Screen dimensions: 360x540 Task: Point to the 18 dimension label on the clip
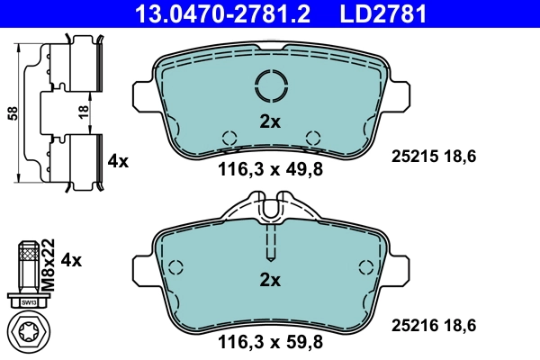84,113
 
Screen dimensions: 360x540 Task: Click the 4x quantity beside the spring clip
118,161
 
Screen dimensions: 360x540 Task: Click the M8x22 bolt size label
50,261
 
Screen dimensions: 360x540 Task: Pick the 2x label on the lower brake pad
271,280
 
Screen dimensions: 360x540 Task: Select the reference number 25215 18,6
434,157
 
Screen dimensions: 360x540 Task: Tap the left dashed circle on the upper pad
229,138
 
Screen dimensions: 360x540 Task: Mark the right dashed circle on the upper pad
313,138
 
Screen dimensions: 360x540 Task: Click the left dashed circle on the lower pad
176,267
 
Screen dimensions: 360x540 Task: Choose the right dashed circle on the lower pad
365,267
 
